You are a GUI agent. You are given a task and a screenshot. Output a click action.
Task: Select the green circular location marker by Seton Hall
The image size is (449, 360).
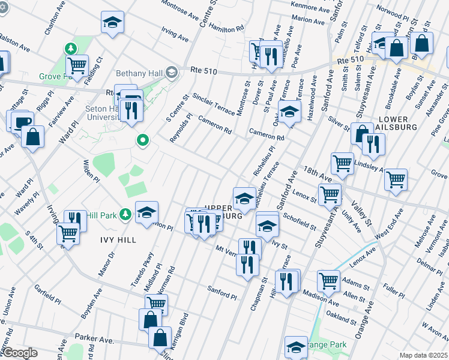coord(143,142)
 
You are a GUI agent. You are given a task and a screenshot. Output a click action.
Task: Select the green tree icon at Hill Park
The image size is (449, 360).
coord(125,214)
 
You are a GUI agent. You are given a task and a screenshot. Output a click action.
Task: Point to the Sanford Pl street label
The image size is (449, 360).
coord(222,293)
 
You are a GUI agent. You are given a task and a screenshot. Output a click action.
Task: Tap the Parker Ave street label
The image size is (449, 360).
coord(94,340)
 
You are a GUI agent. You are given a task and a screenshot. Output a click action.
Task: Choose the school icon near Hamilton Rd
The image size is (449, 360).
coord(111,23)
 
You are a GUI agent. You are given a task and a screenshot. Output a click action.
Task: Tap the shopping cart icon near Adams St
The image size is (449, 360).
coord(328,280)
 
